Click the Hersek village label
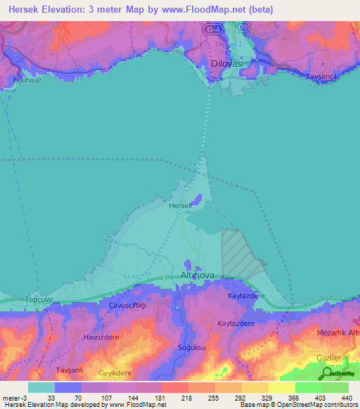click(181, 206)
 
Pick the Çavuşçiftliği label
click(127, 306)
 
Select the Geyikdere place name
click(116, 373)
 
